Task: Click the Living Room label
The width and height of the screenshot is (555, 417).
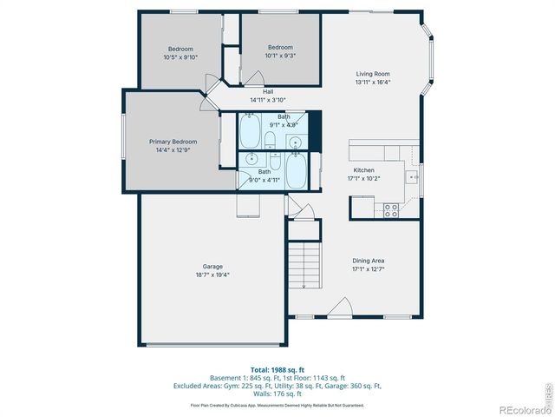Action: click(x=373, y=74)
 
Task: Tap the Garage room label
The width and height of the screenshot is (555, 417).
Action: click(x=212, y=266)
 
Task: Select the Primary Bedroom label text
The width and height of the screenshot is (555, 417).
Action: click(x=173, y=142)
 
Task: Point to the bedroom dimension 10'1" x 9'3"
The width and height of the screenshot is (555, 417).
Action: click(x=279, y=56)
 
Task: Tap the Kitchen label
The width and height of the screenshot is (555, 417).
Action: click(x=363, y=170)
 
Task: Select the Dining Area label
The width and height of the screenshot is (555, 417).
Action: click(x=368, y=260)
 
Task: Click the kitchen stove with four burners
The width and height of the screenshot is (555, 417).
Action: click(x=389, y=209)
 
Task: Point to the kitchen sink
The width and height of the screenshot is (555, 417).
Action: click(x=414, y=176)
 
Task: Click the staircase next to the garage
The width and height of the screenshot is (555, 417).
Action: click(x=304, y=266)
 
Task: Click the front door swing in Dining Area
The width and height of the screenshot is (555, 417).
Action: click(x=340, y=308)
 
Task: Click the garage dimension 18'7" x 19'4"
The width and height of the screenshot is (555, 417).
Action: click(x=212, y=275)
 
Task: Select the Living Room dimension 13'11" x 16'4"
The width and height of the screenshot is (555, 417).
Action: click(x=373, y=83)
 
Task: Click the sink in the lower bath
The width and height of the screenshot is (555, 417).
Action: click(x=251, y=159)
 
